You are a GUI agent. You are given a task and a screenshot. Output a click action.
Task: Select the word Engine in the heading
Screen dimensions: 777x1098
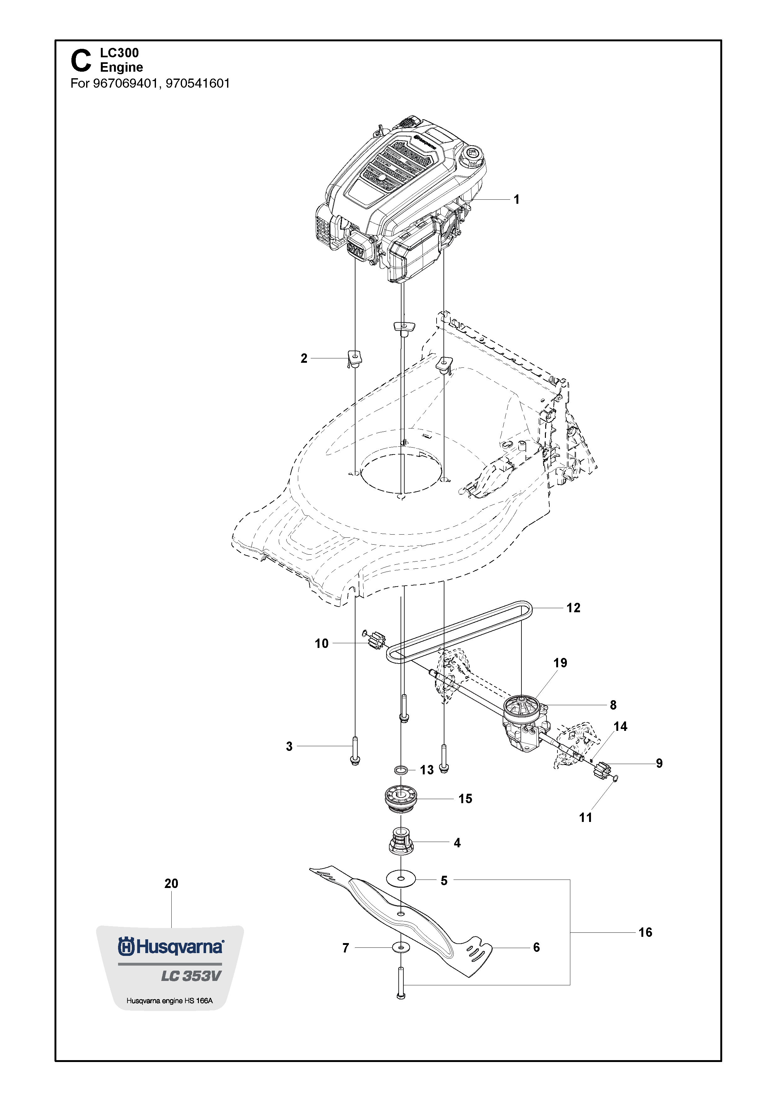tap(122, 67)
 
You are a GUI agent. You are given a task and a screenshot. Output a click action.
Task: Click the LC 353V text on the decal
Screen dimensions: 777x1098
tap(191, 976)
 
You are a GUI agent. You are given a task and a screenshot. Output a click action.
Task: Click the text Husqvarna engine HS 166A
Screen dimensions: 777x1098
tap(169, 1000)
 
